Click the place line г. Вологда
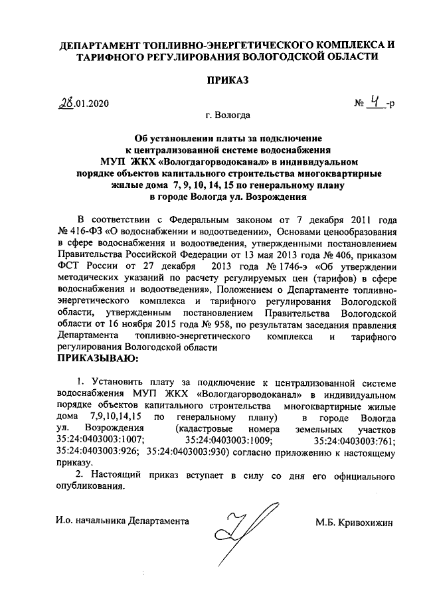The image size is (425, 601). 228,118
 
